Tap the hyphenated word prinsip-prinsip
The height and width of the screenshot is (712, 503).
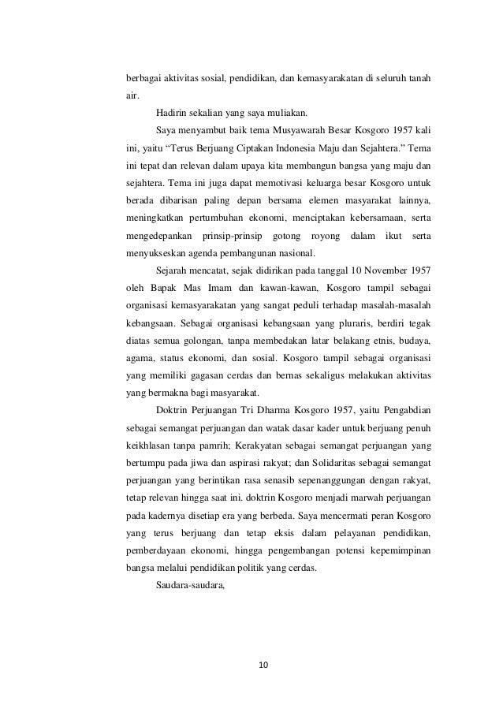(x=233, y=235)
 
